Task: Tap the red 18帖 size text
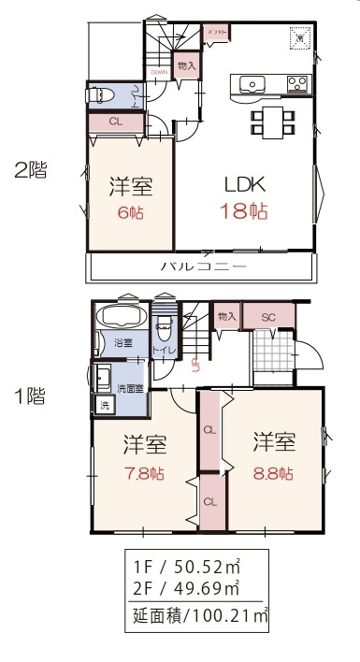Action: [244, 211]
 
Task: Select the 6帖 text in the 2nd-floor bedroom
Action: [128, 211]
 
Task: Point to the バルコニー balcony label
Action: [203, 266]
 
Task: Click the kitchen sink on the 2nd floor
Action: [253, 85]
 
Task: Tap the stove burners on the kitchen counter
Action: [297, 85]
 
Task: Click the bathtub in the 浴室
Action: [118, 315]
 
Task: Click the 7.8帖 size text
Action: [143, 474]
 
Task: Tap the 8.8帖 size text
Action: [273, 474]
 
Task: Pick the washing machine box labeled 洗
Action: [105, 406]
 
